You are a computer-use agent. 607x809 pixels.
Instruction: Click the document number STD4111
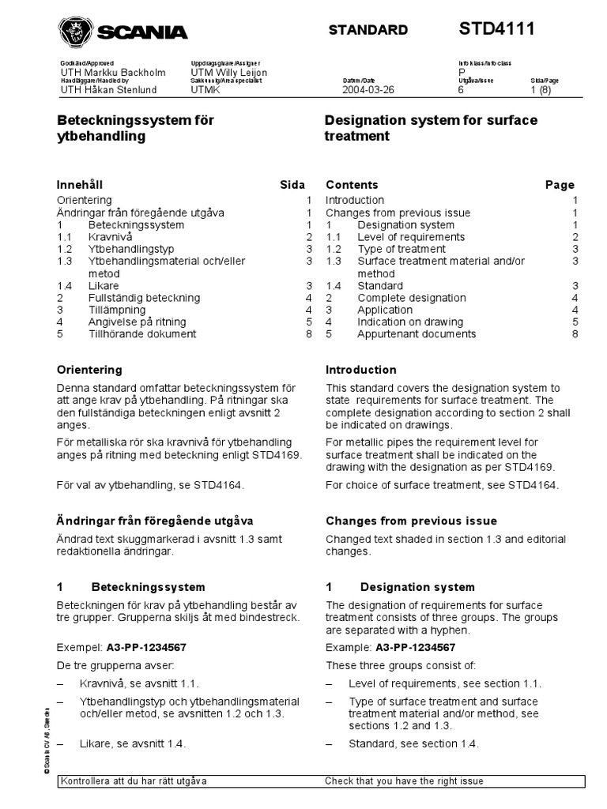click(x=497, y=29)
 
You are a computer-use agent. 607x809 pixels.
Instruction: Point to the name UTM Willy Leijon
click(x=229, y=73)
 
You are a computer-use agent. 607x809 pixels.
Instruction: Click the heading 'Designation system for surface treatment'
click(x=431, y=128)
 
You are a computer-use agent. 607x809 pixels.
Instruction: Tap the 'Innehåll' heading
click(x=81, y=185)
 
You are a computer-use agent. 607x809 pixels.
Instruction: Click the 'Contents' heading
click(x=352, y=185)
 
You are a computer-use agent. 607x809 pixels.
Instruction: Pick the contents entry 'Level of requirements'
click(x=411, y=237)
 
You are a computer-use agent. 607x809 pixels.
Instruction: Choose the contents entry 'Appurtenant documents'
click(x=417, y=334)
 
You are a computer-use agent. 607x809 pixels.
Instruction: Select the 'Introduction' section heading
click(x=361, y=370)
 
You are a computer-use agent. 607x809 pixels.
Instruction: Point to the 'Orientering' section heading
click(x=89, y=370)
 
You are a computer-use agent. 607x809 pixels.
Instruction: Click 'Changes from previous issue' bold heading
click(x=411, y=521)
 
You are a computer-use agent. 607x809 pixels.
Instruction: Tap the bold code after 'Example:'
click(x=420, y=648)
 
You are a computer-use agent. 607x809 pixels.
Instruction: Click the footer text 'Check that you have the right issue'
click(x=404, y=781)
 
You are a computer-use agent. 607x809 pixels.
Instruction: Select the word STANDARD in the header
click(x=368, y=31)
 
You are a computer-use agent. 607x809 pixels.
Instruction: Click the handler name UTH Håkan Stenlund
click(x=108, y=90)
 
